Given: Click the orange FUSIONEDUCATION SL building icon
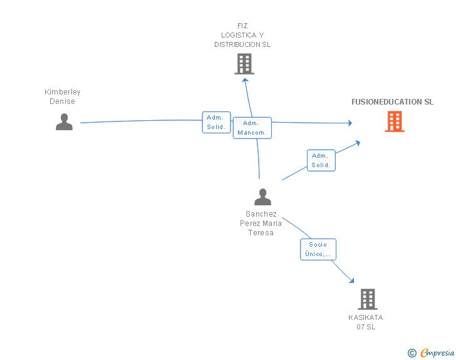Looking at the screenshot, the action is tap(395, 121).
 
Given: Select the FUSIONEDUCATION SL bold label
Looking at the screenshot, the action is tap(392, 102).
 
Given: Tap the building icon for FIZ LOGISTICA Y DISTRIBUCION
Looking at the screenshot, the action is tap(244, 64).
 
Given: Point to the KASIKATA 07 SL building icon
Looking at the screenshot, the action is tap(368, 299).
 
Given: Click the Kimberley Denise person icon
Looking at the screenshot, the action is tap(64, 122).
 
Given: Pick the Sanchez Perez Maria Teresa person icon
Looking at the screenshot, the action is tap(262, 197).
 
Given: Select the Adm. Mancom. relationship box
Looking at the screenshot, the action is tap(252, 128).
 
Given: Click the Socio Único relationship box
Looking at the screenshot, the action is tap(318, 250).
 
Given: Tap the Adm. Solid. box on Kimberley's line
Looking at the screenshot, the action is tap(216, 123).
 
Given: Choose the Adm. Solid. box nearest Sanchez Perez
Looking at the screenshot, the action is tap(321, 160).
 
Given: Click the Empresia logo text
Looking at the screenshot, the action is tap(437, 352).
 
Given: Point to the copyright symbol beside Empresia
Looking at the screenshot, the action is tap(412, 353).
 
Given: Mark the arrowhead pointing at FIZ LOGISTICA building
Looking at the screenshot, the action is tap(245, 80).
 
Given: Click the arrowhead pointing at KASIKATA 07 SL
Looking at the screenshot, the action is tap(352, 280).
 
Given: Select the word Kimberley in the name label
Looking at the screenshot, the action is tap(63, 92).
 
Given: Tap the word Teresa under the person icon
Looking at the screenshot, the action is tap(261, 233).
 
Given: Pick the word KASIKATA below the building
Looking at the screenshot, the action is tap(366, 317).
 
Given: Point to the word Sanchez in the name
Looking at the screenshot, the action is tap(261, 214).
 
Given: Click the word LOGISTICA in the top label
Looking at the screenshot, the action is tap(239, 35).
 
